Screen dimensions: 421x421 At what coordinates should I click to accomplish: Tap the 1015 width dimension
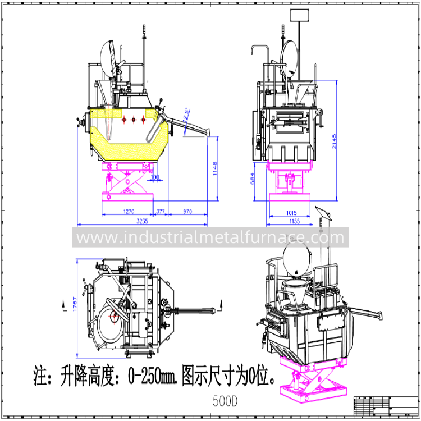coord(291,213)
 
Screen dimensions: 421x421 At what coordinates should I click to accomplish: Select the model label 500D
coord(225,401)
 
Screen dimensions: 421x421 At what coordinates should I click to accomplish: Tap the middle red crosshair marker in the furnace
coord(134,120)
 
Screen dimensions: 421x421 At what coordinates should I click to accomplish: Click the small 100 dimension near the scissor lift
coord(155,177)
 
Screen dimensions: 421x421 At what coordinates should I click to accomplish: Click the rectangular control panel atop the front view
coord(297,15)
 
